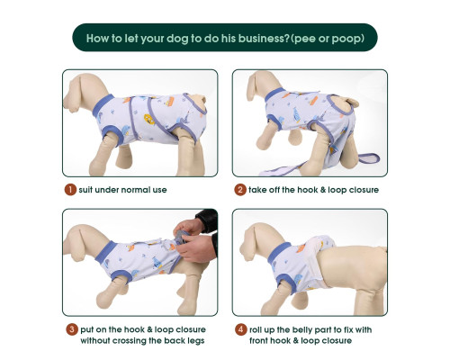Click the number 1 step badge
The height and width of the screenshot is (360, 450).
70,190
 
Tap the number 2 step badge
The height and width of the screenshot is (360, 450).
240,190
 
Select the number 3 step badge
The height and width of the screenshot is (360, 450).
72,329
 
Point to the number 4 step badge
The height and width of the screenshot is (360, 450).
241,329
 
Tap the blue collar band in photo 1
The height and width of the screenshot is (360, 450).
103,106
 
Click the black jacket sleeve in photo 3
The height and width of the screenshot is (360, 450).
209,227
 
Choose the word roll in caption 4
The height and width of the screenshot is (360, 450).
256,329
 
